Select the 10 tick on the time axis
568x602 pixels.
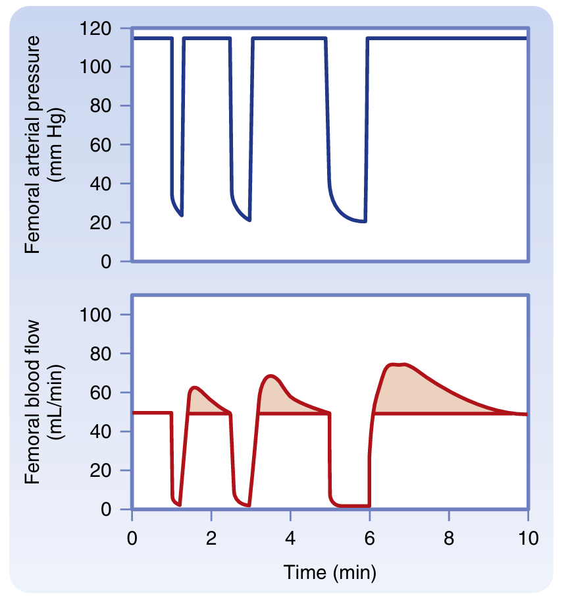[528, 537]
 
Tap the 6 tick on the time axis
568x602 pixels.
[369, 537]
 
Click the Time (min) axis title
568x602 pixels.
[330, 572]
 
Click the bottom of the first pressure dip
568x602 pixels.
[181, 215]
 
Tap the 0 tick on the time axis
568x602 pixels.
[132, 537]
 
